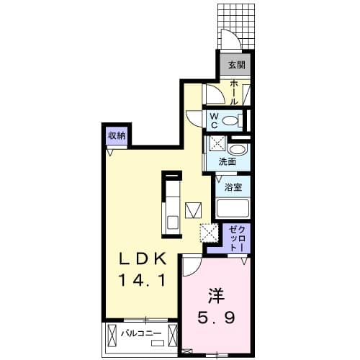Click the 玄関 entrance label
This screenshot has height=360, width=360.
pos(236,64)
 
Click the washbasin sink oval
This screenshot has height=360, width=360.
pos(240,150)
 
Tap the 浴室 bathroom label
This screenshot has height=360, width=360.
pos(233,186)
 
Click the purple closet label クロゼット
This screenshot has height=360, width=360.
pos(236,238)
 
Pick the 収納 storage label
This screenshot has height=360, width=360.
pos(117,135)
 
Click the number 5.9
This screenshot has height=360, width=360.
pos(215,316)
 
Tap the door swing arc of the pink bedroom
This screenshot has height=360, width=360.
pos(191,268)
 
